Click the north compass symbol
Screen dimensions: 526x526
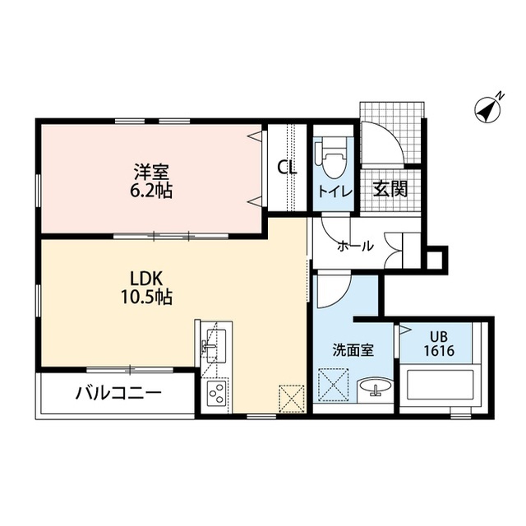[488, 108]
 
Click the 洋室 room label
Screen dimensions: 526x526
[151, 172]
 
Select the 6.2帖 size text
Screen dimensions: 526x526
[151, 191]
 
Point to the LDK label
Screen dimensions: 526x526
[146, 278]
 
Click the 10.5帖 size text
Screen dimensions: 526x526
[146, 297]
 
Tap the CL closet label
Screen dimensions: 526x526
[288, 167]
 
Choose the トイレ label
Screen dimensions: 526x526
[335, 192]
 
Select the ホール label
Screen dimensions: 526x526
[355, 247]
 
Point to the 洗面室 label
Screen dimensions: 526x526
[353, 351]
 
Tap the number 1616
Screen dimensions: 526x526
[439, 351]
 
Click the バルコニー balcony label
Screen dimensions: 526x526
[118, 393]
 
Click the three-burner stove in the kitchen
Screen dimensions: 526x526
[216, 394]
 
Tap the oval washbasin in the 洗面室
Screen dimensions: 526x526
[375, 386]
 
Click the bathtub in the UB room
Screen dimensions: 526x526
[440, 385]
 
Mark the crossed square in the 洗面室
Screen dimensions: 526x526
[333, 385]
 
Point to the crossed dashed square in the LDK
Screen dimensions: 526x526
[292, 399]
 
